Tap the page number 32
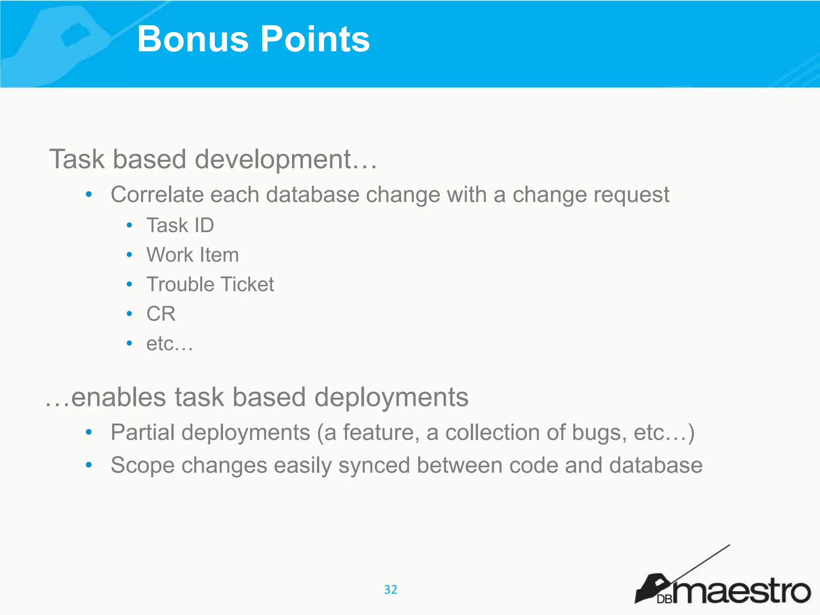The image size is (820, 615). (x=390, y=589)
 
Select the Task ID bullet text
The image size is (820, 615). (x=180, y=225)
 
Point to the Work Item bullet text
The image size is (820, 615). (x=193, y=255)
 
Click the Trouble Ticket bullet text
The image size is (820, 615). (x=210, y=284)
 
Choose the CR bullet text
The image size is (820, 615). (x=161, y=314)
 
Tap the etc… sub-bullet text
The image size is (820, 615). (x=169, y=344)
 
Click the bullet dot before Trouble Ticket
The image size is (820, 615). (x=129, y=284)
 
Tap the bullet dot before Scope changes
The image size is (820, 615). (x=89, y=465)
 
